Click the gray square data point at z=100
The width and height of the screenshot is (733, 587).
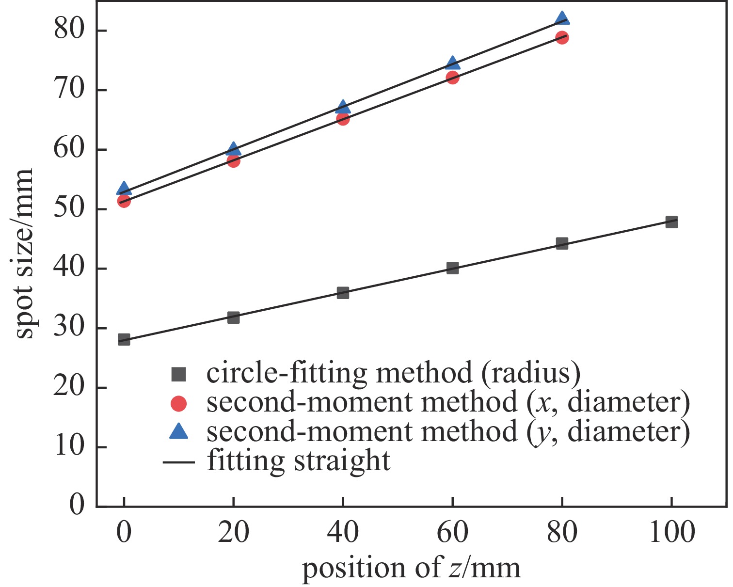(x=671, y=222)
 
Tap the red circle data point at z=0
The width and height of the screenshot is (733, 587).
(x=124, y=201)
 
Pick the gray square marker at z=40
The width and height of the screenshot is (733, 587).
(x=343, y=293)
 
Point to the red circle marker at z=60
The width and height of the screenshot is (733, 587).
(x=452, y=78)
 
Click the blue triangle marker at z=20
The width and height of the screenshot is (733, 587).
(x=233, y=149)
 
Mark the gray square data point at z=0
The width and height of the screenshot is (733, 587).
(x=124, y=339)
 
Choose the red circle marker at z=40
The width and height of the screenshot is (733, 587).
(x=343, y=119)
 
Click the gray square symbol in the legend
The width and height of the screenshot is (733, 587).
(x=179, y=374)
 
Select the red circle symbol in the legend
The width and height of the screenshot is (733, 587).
(x=179, y=403)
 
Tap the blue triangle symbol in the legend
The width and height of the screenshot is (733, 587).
(x=179, y=431)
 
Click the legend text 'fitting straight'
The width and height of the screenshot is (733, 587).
(x=299, y=461)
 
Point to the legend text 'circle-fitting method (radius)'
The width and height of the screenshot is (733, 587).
(x=393, y=373)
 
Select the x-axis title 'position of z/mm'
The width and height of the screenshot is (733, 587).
(x=412, y=568)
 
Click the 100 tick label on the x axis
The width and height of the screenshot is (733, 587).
(x=671, y=532)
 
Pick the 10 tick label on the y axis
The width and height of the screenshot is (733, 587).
(x=69, y=446)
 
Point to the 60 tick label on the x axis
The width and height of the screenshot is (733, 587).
(x=452, y=532)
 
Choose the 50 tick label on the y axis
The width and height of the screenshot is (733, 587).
(x=69, y=209)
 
